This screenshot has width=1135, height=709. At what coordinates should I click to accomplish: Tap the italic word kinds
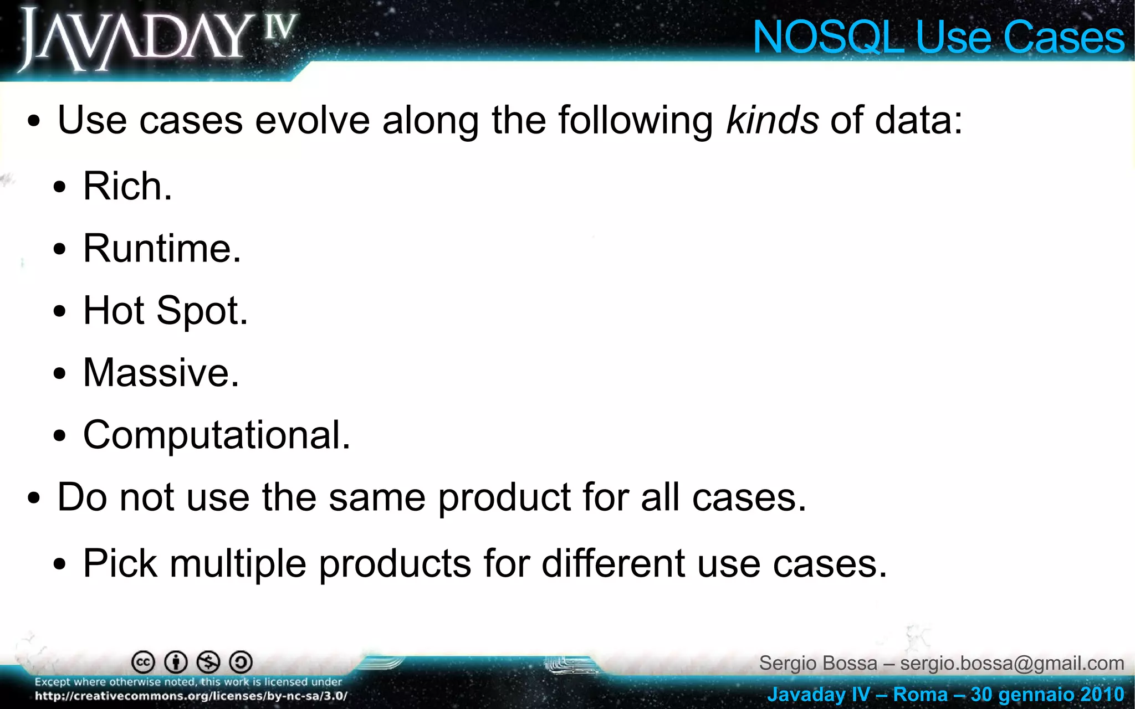click(771, 120)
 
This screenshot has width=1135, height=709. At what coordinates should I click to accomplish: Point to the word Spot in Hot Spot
click(202, 311)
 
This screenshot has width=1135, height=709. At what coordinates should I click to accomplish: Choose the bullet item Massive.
click(161, 373)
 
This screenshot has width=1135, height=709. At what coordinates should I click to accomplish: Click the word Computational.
click(216, 435)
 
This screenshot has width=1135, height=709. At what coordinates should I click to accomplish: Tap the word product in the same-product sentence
click(504, 498)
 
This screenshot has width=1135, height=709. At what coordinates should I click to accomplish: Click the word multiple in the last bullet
click(238, 564)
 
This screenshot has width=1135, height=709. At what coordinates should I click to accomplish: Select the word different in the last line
click(613, 564)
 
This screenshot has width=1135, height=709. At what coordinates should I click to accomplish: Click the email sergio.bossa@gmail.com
click(1012, 663)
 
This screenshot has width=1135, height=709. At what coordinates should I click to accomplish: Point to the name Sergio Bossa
click(818, 663)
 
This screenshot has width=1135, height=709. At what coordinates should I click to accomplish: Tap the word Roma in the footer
click(920, 694)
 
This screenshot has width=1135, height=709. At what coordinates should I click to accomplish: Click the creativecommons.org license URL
click(191, 696)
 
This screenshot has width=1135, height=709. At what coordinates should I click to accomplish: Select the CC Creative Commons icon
click(143, 662)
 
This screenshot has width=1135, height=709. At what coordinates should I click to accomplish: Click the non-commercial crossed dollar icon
click(208, 662)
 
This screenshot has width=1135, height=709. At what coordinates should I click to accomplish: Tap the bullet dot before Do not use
click(34, 498)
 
